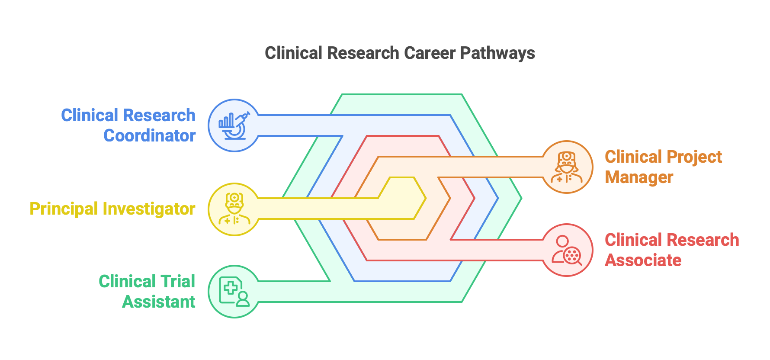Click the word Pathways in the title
click(x=497, y=53)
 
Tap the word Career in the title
click(x=430, y=53)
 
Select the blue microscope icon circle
click(x=234, y=125)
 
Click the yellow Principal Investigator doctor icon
click(x=234, y=209)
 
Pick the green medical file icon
click(x=234, y=292)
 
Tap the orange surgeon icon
click(x=567, y=167)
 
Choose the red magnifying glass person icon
click(x=567, y=250)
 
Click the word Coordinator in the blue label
click(x=150, y=136)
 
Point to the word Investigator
click(x=149, y=209)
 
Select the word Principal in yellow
click(x=64, y=209)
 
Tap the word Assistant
click(x=159, y=302)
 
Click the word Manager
click(x=639, y=177)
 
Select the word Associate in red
click(x=643, y=260)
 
